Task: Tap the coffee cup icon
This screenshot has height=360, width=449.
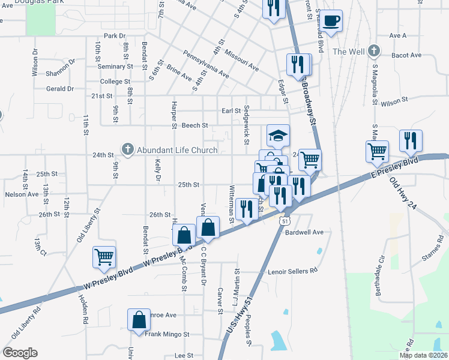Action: [331, 22]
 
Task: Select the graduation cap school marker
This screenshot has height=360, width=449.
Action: [278, 136]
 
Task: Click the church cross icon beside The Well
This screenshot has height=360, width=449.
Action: [374, 52]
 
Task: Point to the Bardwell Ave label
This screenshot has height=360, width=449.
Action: [304, 232]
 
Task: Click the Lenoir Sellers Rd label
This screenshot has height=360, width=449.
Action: [293, 271]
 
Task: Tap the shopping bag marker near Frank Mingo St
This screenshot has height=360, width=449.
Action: [139, 320]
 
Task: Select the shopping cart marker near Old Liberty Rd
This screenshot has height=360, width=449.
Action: [104, 257]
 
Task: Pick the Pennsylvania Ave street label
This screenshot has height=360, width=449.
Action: [206, 64]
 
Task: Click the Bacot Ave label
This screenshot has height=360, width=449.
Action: [406, 55]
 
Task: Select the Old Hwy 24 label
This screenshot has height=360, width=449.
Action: [405, 191]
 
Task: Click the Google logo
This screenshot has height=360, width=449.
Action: [20, 353]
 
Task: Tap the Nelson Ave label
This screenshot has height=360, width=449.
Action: [22, 194]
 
